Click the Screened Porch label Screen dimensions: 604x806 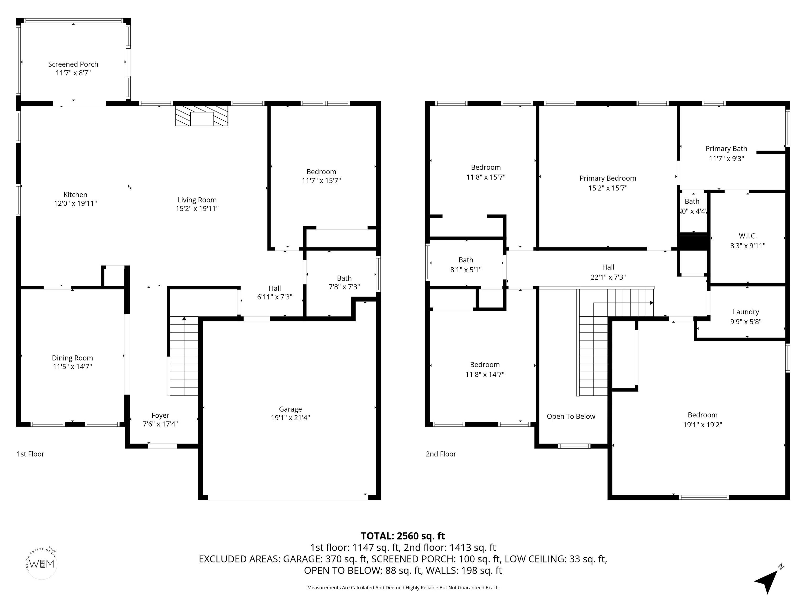(x=73, y=64)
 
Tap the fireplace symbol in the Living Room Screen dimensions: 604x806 (x=201, y=116)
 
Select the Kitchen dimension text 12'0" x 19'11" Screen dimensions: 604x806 (x=75, y=203)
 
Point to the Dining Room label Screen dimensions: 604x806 (x=72, y=358)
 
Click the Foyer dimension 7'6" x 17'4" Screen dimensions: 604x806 (x=160, y=424)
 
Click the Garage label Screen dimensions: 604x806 (x=290, y=409)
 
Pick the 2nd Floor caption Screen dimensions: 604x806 (x=441, y=454)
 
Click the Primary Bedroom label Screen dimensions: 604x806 (x=608, y=178)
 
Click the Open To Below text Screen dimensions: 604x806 (x=571, y=417)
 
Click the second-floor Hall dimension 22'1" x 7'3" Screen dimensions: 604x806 (x=608, y=277)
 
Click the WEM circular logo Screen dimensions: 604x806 (x=42, y=564)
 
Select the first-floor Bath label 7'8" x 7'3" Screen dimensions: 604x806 (x=344, y=283)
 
